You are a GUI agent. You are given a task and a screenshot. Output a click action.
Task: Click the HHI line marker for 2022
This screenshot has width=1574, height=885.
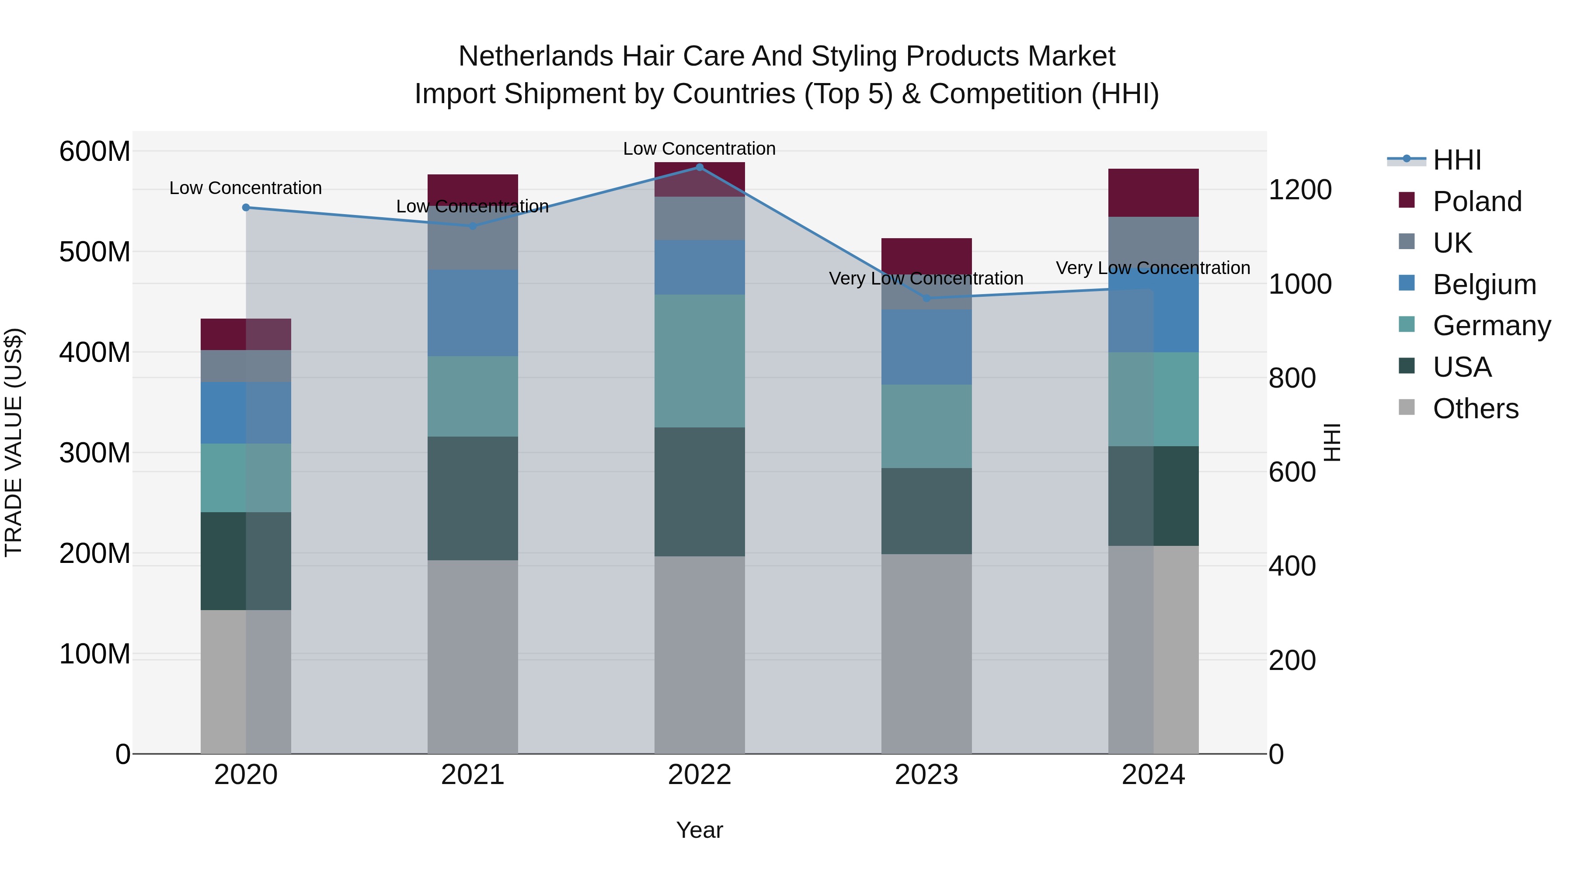700,167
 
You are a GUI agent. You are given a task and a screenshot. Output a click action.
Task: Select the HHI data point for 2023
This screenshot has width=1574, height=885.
926,298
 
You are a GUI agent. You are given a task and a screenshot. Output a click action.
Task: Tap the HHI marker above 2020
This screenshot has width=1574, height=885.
246,208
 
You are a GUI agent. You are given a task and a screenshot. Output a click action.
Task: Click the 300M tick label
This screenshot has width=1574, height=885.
95,453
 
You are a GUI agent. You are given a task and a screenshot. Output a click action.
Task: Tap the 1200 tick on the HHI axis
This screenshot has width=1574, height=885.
1300,190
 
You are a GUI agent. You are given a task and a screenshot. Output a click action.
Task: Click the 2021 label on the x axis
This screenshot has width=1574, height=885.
472,775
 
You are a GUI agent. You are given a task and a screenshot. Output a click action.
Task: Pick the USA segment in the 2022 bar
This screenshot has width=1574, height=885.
700,492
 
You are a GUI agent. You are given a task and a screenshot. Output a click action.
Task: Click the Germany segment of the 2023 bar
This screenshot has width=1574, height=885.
926,426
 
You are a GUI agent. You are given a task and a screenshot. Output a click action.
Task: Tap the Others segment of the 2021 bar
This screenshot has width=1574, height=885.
472,656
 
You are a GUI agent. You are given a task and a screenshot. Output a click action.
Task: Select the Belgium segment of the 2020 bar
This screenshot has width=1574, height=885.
246,413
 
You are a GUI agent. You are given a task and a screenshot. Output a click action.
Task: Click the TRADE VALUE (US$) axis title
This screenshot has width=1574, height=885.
14,442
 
